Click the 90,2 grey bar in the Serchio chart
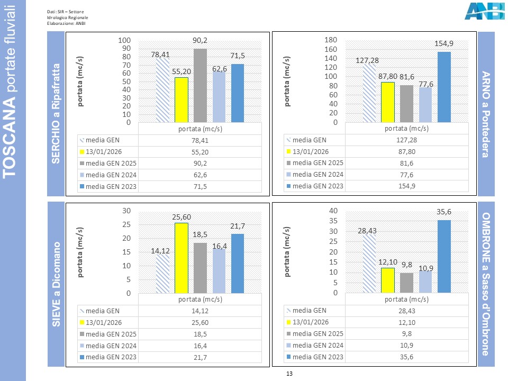[x=200, y=85]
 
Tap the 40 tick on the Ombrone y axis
[x=333, y=211]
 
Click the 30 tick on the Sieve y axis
[x=126, y=211]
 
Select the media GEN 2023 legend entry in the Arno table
[x=315, y=186]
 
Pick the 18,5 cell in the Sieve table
[x=201, y=334]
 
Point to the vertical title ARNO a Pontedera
[x=486, y=114]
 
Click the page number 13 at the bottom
[x=289, y=374]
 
